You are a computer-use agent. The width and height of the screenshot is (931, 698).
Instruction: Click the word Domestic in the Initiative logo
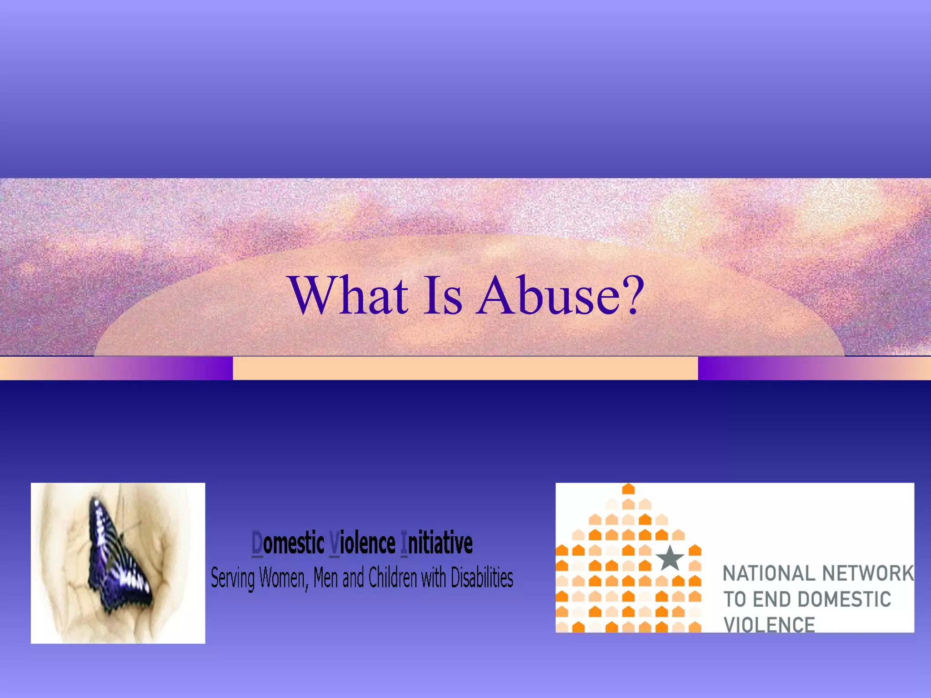coord(288,543)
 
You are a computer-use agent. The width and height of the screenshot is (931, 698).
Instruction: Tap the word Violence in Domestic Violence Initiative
coord(362,543)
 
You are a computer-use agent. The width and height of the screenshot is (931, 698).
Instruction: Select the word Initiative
coord(436,543)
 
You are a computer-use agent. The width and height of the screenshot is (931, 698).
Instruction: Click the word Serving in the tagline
coord(232,578)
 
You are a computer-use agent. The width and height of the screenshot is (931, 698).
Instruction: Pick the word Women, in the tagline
coord(284,578)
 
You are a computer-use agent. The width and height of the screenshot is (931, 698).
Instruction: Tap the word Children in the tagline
coord(392,578)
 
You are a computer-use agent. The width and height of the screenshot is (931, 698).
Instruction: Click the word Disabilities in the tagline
coord(482,578)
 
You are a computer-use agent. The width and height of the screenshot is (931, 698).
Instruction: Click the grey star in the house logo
coord(670,558)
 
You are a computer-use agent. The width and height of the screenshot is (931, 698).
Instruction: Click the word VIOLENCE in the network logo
coord(769,624)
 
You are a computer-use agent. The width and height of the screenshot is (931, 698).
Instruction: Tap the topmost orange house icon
coord(628,489)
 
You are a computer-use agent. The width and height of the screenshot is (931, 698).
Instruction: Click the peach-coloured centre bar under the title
coord(465,368)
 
